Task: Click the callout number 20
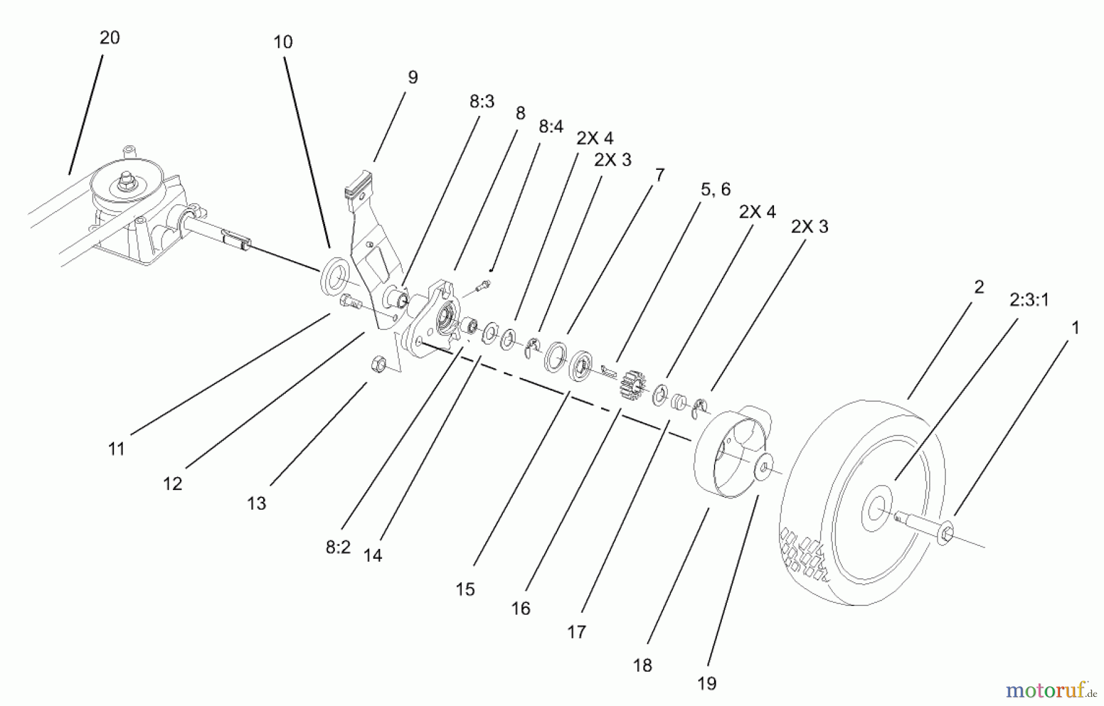click(110, 38)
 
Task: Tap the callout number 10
click(283, 42)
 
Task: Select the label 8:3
click(481, 102)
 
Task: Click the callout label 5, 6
click(715, 190)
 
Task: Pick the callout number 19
click(707, 683)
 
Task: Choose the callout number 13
click(256, 504)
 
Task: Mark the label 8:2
click(338, 547)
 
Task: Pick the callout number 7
click(659, 175)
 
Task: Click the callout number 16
click(520, 608)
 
